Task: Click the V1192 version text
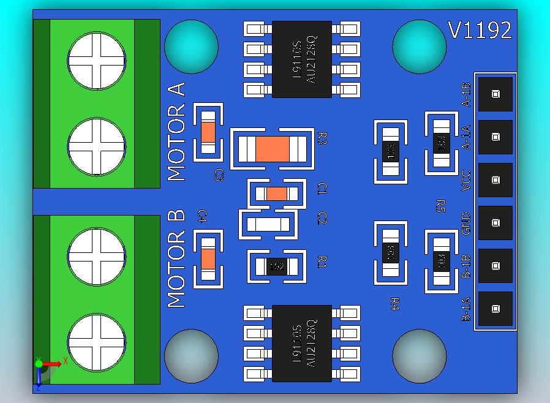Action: [x=480, y=31]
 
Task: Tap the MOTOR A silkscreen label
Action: [x=176, y=131]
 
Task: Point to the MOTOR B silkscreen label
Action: [x=176, y=259]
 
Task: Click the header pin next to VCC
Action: [x=495, y=180]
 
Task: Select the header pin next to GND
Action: [x=495, y=223]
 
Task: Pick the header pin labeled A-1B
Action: [x=495, y=94]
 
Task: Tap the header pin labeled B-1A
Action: [x=495, y=309]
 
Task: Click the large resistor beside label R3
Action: [x=272, y=148]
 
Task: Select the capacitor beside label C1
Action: [x=276, y=194]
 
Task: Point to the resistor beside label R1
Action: [x=276, y=266]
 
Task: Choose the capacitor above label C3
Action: [x=208, y=132]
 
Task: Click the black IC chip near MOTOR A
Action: [x=302, y=59]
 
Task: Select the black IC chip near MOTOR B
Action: [x=302, y=344]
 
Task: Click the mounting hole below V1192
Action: [x=420, y=47]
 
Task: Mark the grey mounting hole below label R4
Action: [x=420, y=356]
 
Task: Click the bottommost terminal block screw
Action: [x=97, y=343]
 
